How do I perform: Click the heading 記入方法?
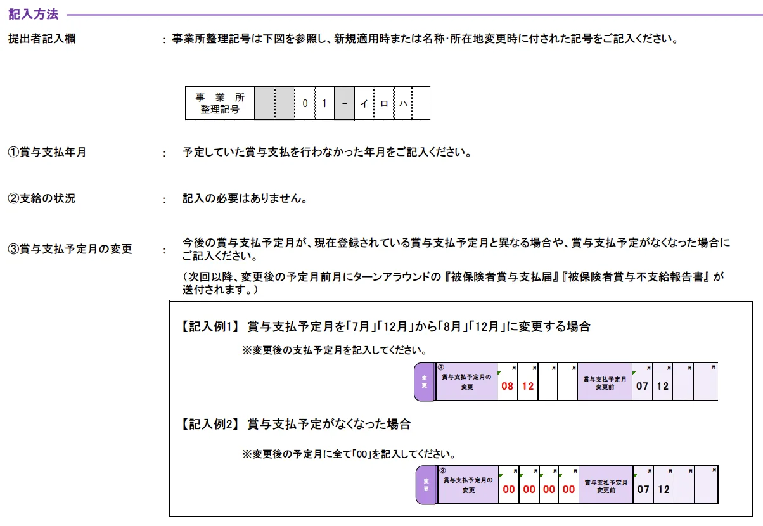(x=33, y=14)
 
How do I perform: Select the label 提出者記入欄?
(x=42, y=39)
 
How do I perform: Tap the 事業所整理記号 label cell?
(x=220, y=103)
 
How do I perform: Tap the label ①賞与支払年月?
(x=47, y=153)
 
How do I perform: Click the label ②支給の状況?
(x=41, y=198)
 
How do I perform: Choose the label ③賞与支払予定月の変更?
(x=70, y=249)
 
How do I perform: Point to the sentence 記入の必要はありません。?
(x=245, y=199)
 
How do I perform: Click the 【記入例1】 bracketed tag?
(x=208, y=327)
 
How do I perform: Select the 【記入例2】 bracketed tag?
(x=208, y=425)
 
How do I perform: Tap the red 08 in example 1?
(x=508, y=386)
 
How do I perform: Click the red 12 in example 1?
(x=528, y=386)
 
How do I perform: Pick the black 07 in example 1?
(x=643, y=386)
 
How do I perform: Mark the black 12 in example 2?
(x=664, y=489)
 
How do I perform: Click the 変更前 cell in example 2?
(x=605, y=485)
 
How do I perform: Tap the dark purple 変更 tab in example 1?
(x=425, y=382)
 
